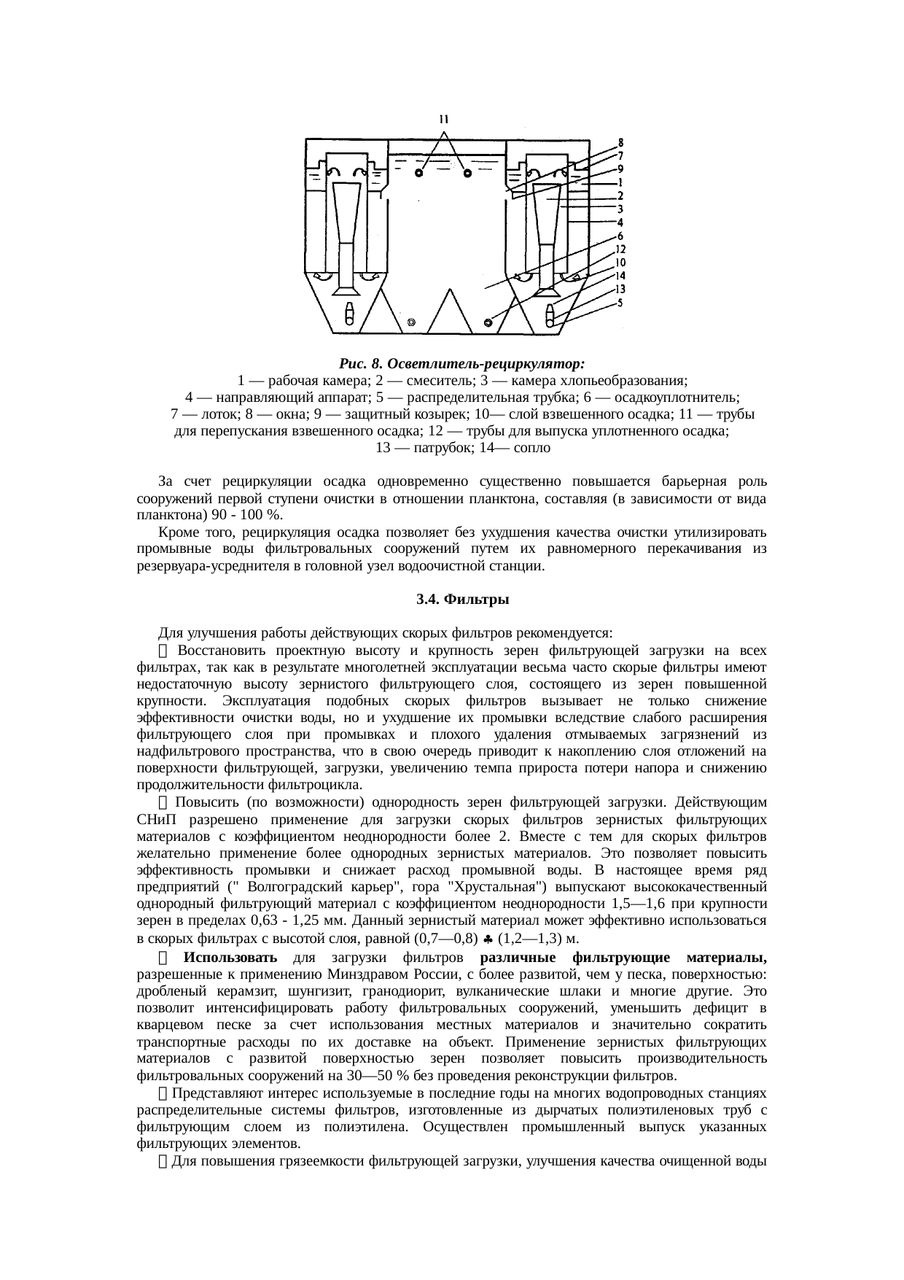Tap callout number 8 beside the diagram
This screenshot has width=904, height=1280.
pos(620,142)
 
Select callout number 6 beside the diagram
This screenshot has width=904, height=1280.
pos(620,236)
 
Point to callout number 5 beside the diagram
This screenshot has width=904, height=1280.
pos(620,302)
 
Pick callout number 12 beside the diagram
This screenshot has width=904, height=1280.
pos(620,249)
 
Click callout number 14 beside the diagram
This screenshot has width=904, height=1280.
pos(620,276)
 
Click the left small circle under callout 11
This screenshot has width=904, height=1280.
pos(419,173)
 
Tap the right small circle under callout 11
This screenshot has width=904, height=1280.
pos(467,173)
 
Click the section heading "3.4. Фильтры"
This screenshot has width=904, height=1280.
pos(452,600)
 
